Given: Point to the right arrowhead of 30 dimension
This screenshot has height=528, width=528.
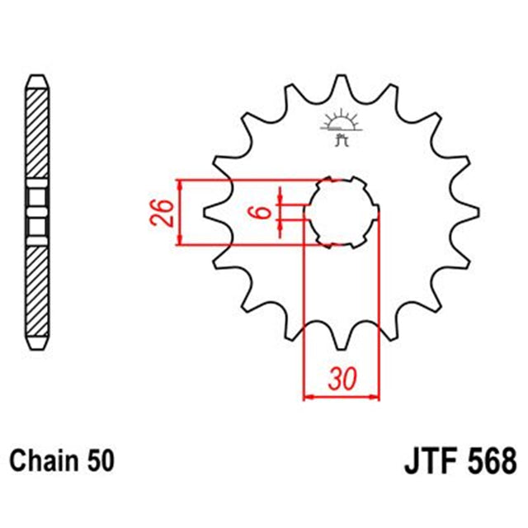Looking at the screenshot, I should click(377, 397).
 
